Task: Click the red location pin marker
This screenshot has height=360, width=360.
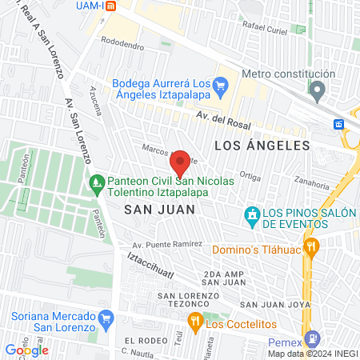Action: pos(181,163)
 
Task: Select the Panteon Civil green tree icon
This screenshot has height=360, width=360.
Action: pos(96,184)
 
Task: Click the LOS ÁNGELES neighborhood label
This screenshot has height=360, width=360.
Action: pos(262,145)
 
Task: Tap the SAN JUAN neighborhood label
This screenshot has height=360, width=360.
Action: pos(150,208)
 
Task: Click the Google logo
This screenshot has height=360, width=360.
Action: pos(26,350)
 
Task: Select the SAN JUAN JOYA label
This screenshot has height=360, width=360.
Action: pos(271,304)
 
